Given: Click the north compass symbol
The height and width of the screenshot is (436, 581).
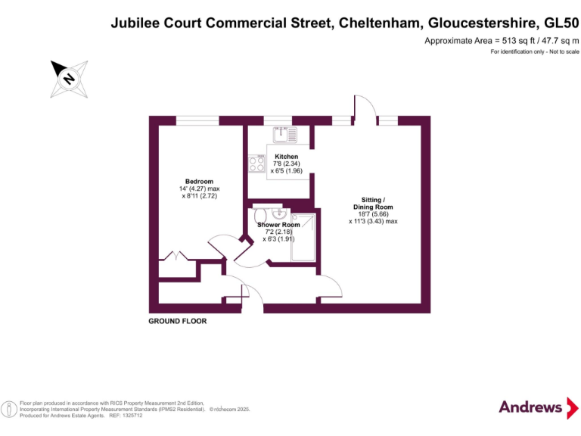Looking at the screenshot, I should [68, 79].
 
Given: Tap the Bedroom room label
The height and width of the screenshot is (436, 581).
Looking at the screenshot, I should [200, 182].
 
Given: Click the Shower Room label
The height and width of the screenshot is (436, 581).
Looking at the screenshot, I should [278, 225].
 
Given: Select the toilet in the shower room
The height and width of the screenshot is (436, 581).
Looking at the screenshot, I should [261, 216].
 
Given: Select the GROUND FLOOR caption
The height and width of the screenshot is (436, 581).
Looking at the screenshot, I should [177, 322].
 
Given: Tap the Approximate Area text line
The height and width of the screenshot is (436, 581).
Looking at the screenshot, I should [501, 39].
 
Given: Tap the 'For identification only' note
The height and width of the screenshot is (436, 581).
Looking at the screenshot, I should [534, 51].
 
